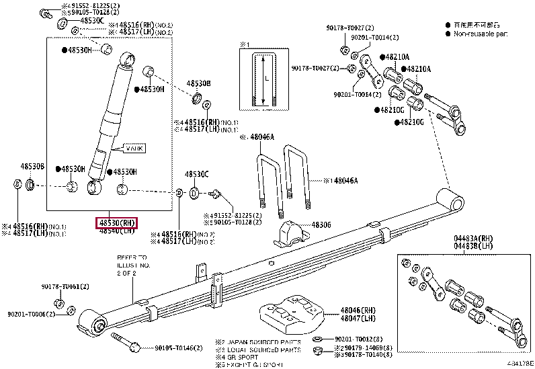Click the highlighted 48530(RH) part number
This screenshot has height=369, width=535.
pyautogui.click(x=117, y=222)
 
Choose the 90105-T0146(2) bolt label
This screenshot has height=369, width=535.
pyautogui.click(x=177, y=347)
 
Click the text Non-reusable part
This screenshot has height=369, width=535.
pyautogui.click(x=481, y=33)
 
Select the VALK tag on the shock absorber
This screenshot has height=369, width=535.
pyautogui.click(x=134, y=147)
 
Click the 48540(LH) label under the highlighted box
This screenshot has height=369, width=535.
pyautogui.click(x=117, y=231)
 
